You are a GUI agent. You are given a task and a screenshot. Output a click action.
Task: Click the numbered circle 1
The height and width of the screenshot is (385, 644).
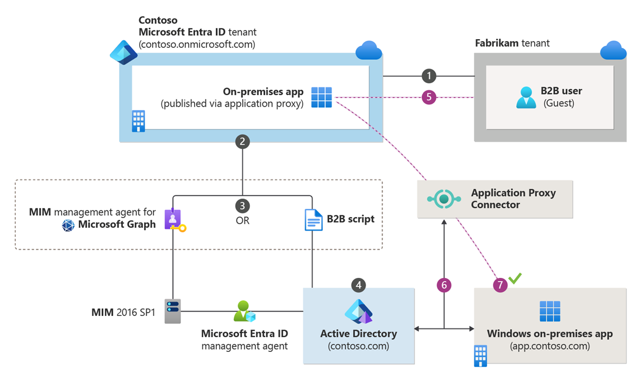coord(429,76)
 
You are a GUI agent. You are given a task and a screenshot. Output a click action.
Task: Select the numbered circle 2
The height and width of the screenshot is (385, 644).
coord(242,141)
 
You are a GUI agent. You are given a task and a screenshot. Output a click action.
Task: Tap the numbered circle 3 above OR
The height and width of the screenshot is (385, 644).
coord(242,206)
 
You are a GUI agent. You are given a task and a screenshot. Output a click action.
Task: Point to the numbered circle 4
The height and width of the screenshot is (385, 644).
coord(359,284)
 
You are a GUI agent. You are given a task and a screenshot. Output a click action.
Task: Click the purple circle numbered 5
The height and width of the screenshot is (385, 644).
coord(429,97)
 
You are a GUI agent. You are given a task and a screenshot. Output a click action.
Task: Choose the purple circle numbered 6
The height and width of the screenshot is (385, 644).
coord(445,284)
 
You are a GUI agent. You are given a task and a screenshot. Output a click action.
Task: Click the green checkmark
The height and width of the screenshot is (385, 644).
coord(515,278)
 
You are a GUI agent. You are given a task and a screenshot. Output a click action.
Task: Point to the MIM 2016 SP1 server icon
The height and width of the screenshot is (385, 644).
coord(172,312)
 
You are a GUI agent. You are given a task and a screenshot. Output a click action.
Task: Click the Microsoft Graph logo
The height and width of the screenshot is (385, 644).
coord(68,225)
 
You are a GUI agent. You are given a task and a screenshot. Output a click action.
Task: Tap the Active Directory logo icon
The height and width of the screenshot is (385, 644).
coord(359,312)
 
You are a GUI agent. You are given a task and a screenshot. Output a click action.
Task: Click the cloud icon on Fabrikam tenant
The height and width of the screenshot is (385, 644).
coord(614,52)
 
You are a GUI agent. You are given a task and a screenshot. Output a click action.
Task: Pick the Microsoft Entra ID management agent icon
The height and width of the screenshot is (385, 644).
coord(245,311)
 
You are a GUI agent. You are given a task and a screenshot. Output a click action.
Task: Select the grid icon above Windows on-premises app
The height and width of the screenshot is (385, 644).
coord(550,312)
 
